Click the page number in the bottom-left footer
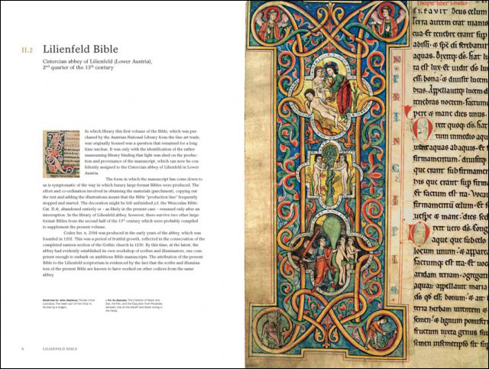click(x=22, y=348)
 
